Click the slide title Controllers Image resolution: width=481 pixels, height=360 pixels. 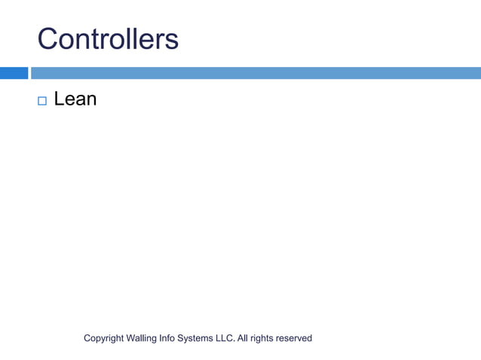108,38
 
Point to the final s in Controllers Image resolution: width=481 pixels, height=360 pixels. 173,41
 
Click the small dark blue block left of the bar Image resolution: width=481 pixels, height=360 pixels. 14,73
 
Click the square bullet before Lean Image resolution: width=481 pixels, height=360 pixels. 41,99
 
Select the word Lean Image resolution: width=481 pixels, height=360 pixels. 75,99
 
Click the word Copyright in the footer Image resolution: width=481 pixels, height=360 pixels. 103,339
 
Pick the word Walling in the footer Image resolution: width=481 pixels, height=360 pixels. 142,339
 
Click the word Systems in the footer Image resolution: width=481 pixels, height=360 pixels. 198,339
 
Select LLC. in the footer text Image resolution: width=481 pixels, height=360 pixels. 225,339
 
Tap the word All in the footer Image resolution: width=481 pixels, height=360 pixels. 242,339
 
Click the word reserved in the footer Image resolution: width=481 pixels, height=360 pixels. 294,339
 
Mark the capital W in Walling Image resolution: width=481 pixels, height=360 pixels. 130,339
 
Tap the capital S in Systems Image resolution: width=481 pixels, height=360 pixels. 185,339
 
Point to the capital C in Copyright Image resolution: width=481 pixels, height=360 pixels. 87,339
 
